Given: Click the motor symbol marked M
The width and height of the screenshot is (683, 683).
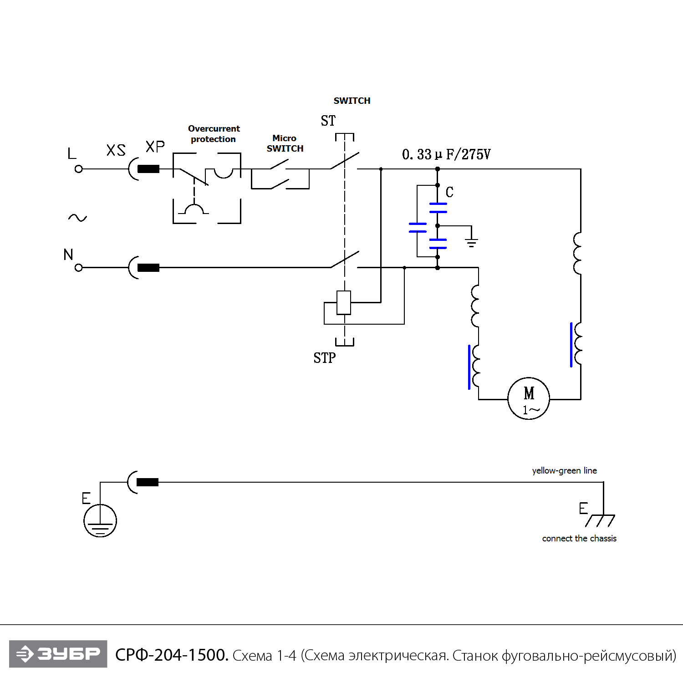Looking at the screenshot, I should pos(529,398).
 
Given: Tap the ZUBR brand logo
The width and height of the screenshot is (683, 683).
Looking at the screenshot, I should pos(58,654).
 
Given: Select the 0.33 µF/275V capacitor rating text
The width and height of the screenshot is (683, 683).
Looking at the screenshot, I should pos(446,154).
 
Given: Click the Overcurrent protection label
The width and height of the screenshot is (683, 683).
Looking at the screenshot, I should pos(214,134).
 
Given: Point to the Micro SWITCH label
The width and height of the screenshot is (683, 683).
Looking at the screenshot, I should pos(285,143).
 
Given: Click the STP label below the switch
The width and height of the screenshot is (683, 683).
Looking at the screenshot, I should pos(324,358).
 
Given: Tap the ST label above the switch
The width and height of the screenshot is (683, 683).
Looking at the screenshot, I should pos(328,121).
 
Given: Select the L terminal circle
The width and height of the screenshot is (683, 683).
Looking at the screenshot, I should pos(78,169).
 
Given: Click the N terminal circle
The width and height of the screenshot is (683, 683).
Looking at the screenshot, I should pos(78,268).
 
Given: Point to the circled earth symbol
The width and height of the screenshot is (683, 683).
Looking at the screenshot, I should pos(100,520).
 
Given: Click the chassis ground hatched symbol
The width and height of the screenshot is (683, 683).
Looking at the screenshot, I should pos(600,520).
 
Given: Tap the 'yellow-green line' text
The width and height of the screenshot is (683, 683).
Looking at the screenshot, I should pos(564,470).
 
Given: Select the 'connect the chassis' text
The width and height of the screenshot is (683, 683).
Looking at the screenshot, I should pos(579,538).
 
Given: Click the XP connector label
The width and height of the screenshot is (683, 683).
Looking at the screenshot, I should pos(155,147).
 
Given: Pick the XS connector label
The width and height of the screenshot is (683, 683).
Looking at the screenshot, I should pos(116,150).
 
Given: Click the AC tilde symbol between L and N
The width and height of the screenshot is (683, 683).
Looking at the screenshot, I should pos(77,218).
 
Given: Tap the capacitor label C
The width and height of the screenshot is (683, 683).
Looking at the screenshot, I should pos(449,192).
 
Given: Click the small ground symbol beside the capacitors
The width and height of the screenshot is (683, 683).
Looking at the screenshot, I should pos(472,242).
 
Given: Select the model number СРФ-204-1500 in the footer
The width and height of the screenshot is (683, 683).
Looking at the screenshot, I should pos(172,655).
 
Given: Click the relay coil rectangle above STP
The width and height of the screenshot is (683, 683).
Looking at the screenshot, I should pos(344,302).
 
